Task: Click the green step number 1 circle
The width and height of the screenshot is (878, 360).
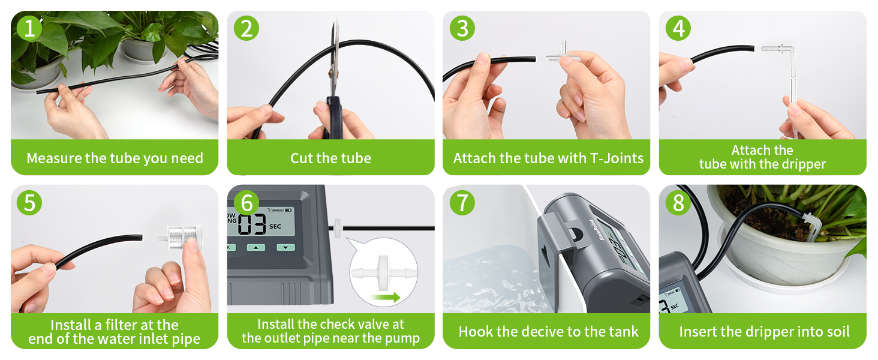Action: coord(29,28)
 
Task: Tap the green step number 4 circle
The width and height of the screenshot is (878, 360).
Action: coord(678,28)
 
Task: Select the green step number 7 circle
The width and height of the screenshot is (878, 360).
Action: coord(462,203)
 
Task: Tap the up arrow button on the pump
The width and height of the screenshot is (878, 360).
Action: coord(255,248)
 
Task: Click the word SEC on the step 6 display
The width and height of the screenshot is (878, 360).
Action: coord(275,226)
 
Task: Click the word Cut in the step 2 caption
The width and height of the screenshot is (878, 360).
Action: coord(302,158)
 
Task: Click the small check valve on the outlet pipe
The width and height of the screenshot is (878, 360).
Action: coord(338,228)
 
